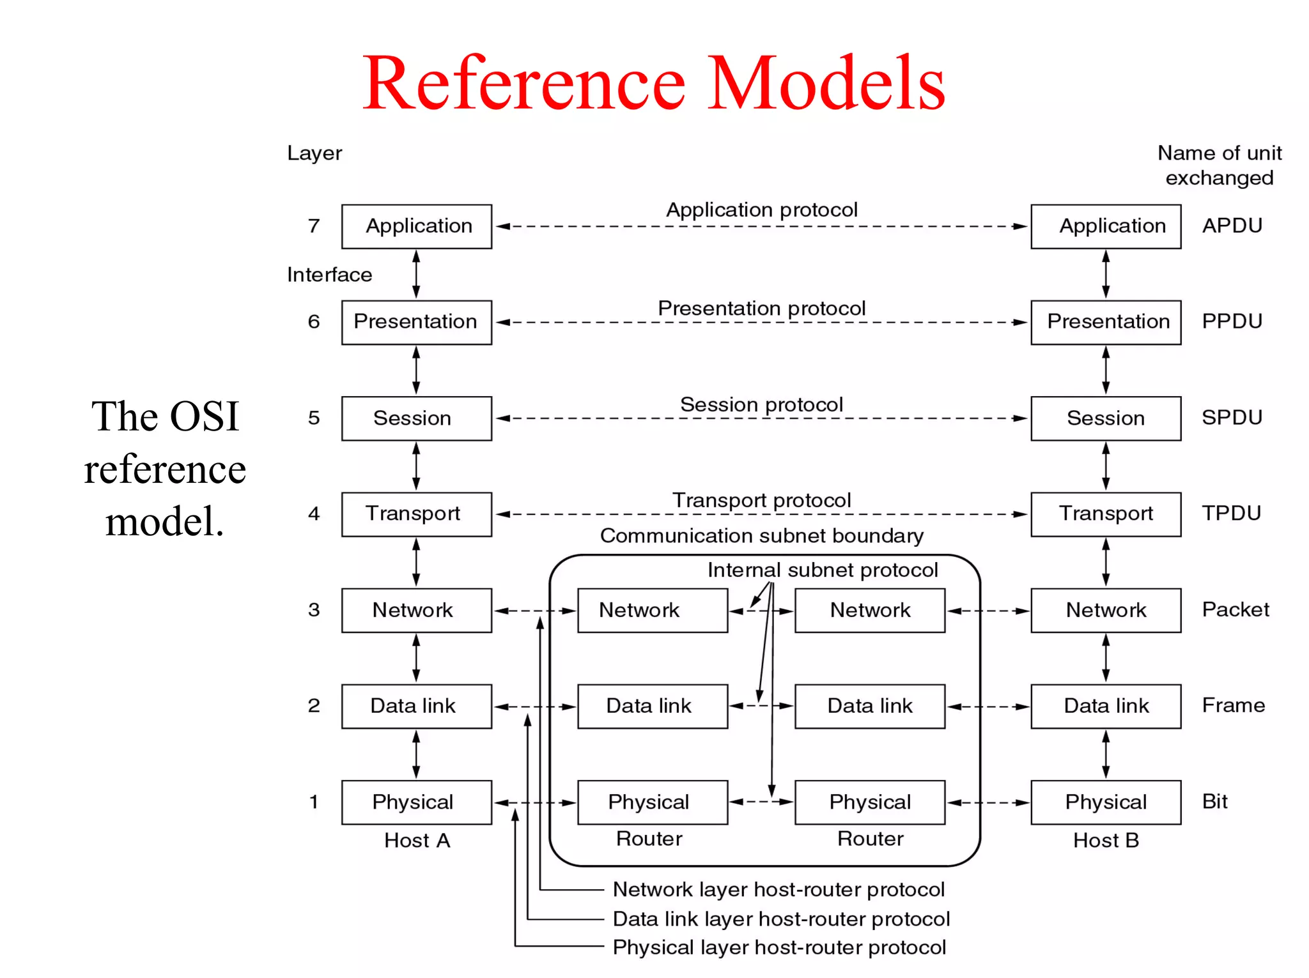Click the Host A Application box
416,226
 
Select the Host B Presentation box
1105,322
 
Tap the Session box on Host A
416,418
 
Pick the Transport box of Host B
1105,514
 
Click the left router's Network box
652,610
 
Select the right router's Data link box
869,706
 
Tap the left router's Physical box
652,802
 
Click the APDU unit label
1232,225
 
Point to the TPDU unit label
1231,513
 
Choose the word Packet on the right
1235,609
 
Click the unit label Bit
1214,801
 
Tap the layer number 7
313,225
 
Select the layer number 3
313,609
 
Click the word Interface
329,275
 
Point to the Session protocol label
761,404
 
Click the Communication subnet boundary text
761,535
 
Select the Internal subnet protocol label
822,570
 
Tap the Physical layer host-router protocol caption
778,947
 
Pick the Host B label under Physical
1106,840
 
